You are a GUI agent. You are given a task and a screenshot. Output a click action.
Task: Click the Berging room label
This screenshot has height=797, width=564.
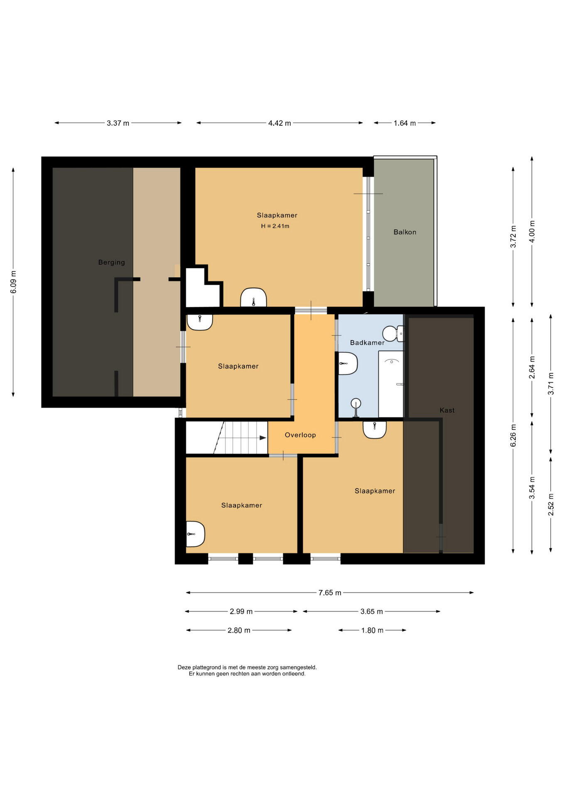[111, 262]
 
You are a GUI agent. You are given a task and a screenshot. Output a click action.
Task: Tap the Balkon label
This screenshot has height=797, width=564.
[405, 232]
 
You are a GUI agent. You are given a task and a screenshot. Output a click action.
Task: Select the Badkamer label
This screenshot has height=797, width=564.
[367, 342]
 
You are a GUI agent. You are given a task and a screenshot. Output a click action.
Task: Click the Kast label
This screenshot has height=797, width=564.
[447, 410]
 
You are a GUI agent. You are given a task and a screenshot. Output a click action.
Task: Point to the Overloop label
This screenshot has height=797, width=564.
[300, 435]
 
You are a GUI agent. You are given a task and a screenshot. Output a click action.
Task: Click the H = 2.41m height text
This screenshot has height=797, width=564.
[275, 226]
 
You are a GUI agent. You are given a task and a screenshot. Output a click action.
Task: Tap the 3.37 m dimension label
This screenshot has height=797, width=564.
[118, 123]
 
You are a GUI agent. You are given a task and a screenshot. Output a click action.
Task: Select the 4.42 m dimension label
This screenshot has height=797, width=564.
[280, 123]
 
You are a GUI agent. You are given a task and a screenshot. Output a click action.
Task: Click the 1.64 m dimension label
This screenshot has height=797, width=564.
[405, 123]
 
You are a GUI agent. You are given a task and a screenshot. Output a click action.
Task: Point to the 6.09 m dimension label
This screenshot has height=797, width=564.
[13, 282]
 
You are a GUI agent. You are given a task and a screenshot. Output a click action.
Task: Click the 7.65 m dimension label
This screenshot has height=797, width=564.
[330, 593]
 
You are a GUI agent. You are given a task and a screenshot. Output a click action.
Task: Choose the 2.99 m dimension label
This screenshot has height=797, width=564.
[241, 611]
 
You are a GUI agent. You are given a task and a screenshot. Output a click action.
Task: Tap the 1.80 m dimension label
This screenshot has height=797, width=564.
[372, 630]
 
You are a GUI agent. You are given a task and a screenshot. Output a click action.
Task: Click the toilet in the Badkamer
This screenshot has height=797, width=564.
[393, 333]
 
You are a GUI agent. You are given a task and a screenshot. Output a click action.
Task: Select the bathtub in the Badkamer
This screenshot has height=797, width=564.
[391, 384]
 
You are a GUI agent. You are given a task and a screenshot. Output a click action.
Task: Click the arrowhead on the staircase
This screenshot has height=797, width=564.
[263, 438]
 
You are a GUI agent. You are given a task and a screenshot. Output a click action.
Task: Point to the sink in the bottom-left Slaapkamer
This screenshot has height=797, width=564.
[195, 534]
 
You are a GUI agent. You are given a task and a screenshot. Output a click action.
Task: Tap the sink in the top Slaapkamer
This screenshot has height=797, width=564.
[253, 298]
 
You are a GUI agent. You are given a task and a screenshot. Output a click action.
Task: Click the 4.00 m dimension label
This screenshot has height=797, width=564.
[532, 232]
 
